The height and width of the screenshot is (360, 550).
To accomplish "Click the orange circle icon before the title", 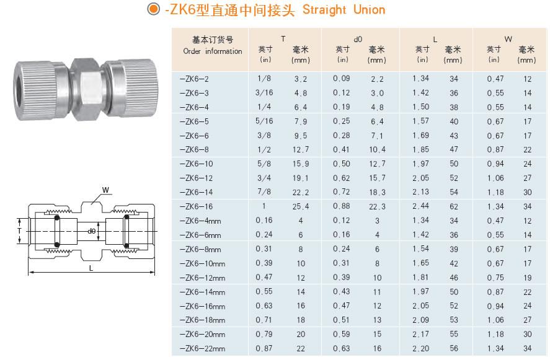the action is point(153,9).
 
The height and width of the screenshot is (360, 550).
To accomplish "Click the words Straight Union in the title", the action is point(344,10).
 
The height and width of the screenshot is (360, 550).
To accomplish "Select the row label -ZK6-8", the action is point(194,150).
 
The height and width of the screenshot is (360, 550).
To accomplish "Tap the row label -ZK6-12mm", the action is point(202,278).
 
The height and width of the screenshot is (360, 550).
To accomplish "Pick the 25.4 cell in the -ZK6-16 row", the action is point(301,206).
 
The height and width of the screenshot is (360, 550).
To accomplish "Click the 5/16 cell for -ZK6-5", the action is point(264,121).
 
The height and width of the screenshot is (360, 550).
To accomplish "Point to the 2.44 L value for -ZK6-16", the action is point(420,206).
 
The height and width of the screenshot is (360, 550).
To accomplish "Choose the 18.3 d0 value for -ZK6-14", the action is point(377,192).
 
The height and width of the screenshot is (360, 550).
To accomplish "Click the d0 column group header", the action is point(358,39).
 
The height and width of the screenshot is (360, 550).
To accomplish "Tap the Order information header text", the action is point(213,51).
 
